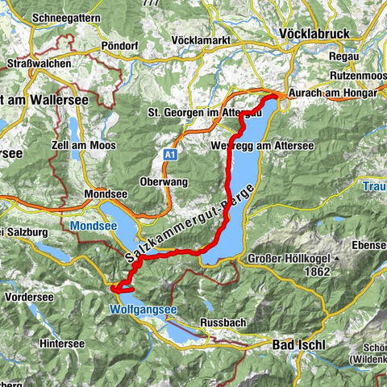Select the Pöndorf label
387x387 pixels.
120,46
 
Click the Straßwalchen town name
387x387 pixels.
35,62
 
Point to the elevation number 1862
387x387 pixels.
321,273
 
